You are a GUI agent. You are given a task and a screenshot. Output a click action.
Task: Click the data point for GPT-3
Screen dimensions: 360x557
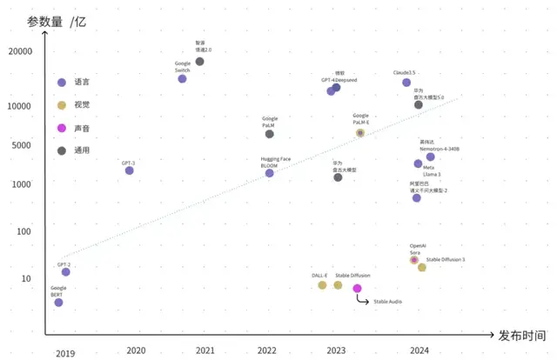click(x=130, y=170)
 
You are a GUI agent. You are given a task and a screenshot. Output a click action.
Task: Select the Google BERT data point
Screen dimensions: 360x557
click(x=58, y=303)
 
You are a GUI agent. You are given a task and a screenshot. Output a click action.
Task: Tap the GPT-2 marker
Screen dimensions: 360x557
click(x=65, y=272)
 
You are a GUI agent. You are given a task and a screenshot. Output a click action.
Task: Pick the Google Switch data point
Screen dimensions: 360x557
click(x=182, y=79)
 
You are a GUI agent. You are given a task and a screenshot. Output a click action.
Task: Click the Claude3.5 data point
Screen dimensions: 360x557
click(x=406, y=83)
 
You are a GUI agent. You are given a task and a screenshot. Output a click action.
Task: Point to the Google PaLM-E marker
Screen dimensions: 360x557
click(x=360, y=133)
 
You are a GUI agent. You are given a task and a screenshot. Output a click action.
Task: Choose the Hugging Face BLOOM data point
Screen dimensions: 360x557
click(x=269, y=173)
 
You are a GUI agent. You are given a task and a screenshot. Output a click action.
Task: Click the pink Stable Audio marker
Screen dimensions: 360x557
click(x=357, y=288)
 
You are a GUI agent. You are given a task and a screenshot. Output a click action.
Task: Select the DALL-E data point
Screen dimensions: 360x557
click(x=322, y=285)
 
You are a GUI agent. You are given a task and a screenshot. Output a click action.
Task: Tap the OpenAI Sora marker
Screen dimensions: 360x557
click(x=414, y=260)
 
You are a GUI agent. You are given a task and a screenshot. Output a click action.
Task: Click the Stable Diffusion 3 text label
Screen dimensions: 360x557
click(x=446, y=260)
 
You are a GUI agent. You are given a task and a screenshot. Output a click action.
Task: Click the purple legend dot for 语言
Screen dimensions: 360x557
click(x=61, y=83)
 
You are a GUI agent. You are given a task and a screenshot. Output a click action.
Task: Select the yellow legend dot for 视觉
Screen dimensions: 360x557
click(x=61, y=106)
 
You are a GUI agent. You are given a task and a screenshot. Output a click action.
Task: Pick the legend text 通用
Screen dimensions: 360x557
click(x=82, y=151)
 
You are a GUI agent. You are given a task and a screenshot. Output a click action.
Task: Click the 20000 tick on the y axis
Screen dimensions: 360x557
click(x=20, y=52)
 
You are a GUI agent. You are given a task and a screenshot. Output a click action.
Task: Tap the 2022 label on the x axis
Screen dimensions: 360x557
click(x=266, y=350)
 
